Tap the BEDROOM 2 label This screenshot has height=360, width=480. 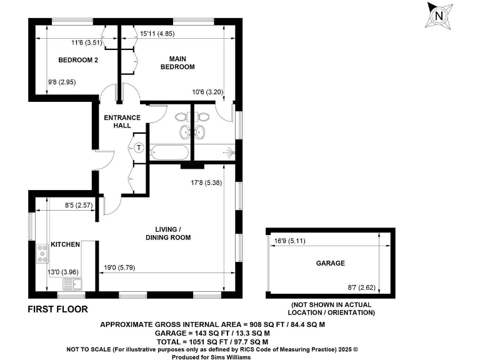coord(78,61)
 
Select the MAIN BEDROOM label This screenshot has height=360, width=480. coord(177,62)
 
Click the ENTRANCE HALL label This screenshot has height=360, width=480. coord(122,121)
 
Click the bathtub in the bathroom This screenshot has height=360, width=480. coord(169,152)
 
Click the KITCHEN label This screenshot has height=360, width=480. coord(65,244)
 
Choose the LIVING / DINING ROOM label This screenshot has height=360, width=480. coord(168,233)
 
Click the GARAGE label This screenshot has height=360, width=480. coord(330,263)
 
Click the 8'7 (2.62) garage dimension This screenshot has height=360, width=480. coord(361,287)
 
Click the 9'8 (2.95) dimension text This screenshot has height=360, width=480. coord(62,82)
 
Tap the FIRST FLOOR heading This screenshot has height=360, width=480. coord(58,309)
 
